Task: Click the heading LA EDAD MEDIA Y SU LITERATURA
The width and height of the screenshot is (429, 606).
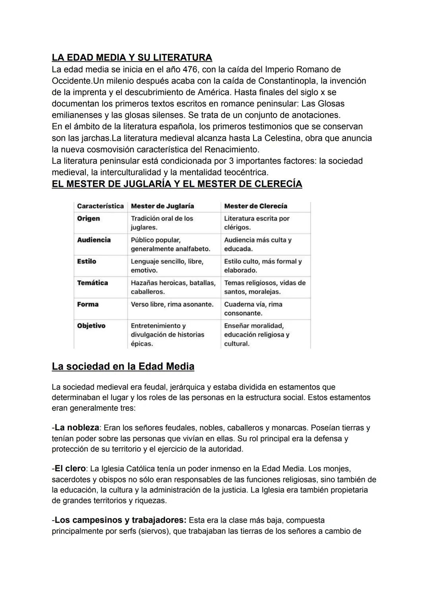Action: pos(131,58)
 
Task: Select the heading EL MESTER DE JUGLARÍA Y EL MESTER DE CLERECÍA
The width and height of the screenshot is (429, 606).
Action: pos(177,184)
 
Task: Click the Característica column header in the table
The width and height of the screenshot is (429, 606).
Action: pos(100,206)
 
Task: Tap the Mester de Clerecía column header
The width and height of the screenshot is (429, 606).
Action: pos(255,206)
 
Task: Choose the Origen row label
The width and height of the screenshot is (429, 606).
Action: pos(88,219)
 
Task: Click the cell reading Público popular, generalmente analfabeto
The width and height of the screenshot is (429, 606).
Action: pos(170,244)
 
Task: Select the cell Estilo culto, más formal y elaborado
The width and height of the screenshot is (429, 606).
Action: pos(263,266)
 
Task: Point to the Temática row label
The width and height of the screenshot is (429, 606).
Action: pos(92,283)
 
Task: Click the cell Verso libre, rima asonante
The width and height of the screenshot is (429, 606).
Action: pos(172,304)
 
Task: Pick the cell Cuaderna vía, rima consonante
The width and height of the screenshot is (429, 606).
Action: pos(253,309)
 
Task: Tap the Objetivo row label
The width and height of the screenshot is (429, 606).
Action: pos(91,326)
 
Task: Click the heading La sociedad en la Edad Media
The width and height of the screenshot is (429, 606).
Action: pos(123,366)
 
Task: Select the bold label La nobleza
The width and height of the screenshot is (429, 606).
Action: pos(77,428)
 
